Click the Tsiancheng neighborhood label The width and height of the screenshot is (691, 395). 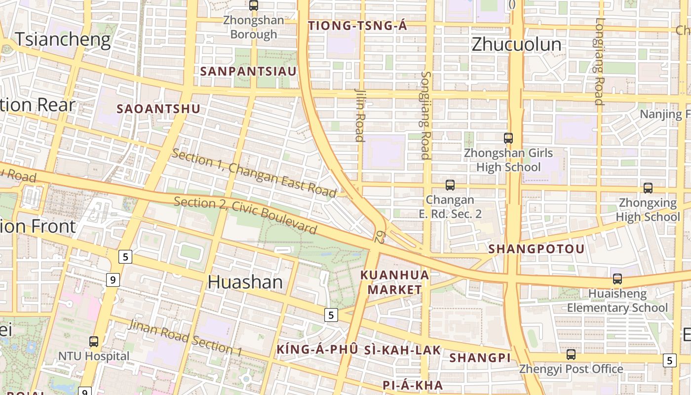(x=63, y=39)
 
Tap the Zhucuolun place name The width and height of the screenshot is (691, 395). (x=516, y=44)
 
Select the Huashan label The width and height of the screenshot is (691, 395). (x=245, y=282)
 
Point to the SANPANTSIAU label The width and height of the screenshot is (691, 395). (x=248, y=71)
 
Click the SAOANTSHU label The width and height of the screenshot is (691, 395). (x=158, y=109)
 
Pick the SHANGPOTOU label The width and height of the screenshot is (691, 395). (x=537, y=249)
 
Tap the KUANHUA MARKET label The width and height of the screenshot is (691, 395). (x=395, y=282)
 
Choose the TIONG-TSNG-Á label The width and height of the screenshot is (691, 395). (x=358, y=26)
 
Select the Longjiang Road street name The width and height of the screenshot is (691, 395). (x=599, y=61)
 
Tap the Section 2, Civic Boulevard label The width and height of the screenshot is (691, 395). (x=245, y=215)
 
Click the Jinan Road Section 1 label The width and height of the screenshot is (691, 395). (x=185, y=338)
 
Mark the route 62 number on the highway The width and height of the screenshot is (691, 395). (x=379, y=237)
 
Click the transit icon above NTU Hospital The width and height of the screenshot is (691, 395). (x=93, y=341)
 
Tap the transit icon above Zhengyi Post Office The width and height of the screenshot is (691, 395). (x=571, y=354)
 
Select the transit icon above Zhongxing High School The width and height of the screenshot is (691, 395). (x=648, y=188)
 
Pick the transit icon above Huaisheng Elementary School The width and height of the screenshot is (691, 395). (x=617, y=279)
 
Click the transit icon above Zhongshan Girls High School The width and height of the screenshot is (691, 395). (x=508, y=138)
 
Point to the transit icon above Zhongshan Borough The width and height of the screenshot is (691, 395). (x=254, y=6)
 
